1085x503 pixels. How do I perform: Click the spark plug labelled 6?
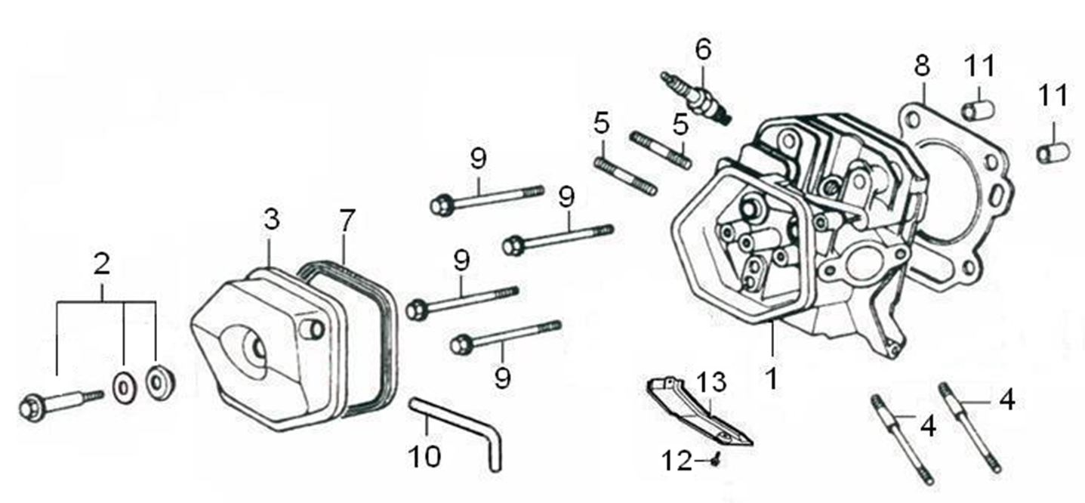(695, 96)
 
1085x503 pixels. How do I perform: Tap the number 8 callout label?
(922, 67)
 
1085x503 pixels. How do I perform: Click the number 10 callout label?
(425, 455)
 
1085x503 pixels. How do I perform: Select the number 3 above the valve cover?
(272, 220)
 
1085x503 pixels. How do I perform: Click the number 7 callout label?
(346, 220)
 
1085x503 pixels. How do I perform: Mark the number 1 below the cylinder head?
(772, 378)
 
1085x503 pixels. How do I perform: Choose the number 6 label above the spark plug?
(703, 50)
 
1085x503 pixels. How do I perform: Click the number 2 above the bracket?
(101, 264)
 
